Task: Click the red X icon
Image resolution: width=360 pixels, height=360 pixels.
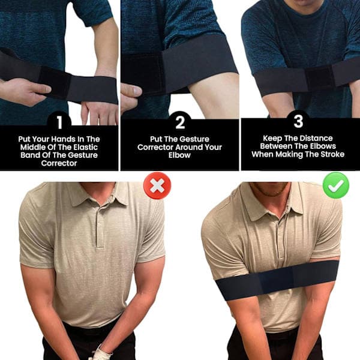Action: pyautogui.click(x=157, y=185)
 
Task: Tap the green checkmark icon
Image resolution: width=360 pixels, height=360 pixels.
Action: pyautogui.click(x=336, y=185)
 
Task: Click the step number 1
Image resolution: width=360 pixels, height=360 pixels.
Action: pyautogui.click(x=59, y=122)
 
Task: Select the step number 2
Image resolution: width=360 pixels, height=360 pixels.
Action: pyautogui.click(x=180, y=122)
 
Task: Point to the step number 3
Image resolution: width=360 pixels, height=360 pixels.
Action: pyautogui.click(x=298, y=121)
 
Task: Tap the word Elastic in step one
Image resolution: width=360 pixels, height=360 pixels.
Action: pyautogui.click(x=85, y=147)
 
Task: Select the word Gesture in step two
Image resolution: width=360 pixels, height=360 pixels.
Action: pyautogui.click(x=194, y=139)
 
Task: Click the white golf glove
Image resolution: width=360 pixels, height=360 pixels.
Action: pyautogui.click(x=100, y=353)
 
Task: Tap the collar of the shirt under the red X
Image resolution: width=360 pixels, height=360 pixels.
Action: pyautogui.click(x=99, y=194)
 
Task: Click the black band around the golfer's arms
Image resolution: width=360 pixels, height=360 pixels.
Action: pyautogui.click(x=278, y=280)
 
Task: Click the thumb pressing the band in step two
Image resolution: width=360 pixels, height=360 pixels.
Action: pyautogui.click(x=131, y=90)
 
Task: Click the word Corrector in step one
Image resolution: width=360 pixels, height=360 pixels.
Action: pyautogui.click(x=59, y=163)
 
